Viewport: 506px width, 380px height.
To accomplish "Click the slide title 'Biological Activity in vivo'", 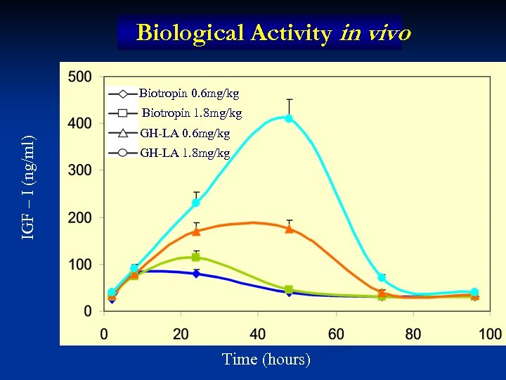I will tap(273, 33).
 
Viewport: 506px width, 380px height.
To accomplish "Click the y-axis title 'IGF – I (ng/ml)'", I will tap(28, 186).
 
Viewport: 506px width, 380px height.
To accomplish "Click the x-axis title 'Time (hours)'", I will tap(266, 360).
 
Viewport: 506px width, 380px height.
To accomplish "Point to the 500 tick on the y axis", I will tap(81, 77).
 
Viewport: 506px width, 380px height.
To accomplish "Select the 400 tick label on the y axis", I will tap(81, 124).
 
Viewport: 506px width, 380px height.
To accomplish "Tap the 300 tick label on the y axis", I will tap(81, 170).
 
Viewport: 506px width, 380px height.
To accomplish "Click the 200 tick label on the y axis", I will tap(81, 217).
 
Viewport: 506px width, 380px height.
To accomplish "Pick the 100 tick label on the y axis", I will tap(81, 265).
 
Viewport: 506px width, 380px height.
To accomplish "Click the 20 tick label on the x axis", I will tap(181, 333).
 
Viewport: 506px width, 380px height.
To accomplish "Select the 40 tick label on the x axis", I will tap(259, 333).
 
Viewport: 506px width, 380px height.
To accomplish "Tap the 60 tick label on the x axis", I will tap(336, 333).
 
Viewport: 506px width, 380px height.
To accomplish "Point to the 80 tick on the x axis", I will tap(413, 333).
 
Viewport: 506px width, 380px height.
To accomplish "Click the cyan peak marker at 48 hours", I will tap(289, 118).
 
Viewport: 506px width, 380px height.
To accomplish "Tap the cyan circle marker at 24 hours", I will tap(196, 203).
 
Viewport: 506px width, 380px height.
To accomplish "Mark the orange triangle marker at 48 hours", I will tap(289, 229).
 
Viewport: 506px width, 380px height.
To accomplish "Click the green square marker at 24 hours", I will tap(196, 258).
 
